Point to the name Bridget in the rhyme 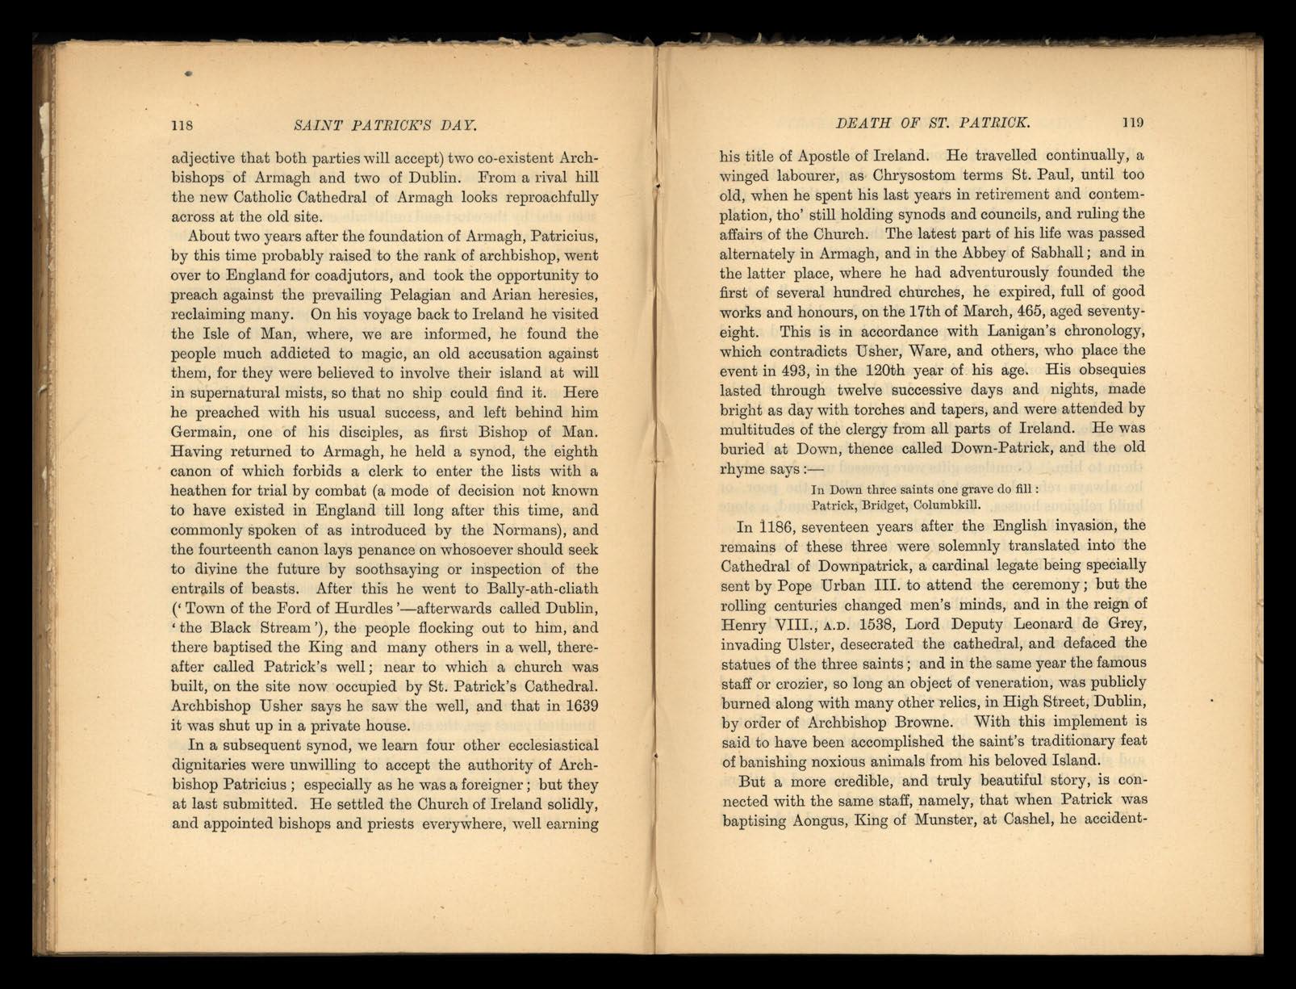tap(879, 506)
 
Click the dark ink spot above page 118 tap(188, 73)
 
